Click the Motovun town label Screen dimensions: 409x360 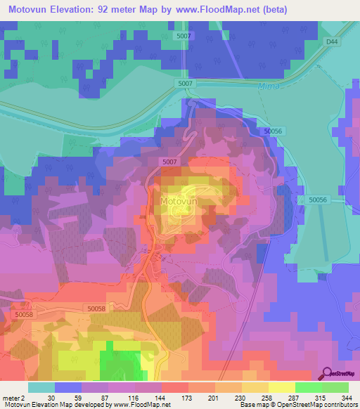pyautogui.click(x=178, y=202)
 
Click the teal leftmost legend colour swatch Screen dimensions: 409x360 pyautogui.click(x=41, y=387)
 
